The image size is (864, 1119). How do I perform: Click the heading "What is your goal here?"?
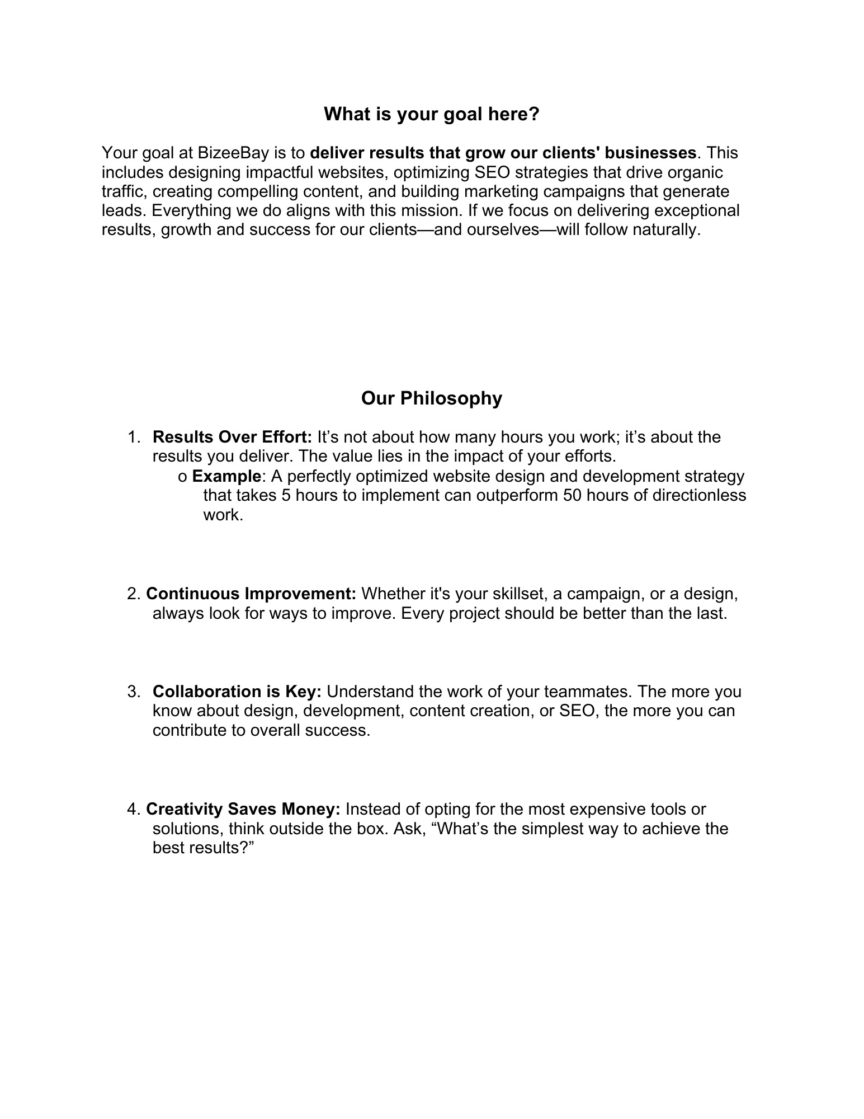click(x=432, y=115)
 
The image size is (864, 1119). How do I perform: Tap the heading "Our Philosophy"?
click(x=432, y=398)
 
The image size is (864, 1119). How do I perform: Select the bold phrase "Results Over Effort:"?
click(x=232, y=437)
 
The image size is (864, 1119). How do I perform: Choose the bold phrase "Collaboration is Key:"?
click(x=237, y=692)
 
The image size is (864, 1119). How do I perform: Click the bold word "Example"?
click(x=226, y=476)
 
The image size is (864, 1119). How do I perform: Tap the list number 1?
click(x=133, y=437)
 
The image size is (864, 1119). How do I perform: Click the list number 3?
click(x=133, y=692)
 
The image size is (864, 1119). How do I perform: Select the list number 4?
click(x=133, y=809)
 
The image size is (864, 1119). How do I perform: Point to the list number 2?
click(x=133, y=594)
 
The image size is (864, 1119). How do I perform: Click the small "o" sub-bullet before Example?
click(x=182, y=477)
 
